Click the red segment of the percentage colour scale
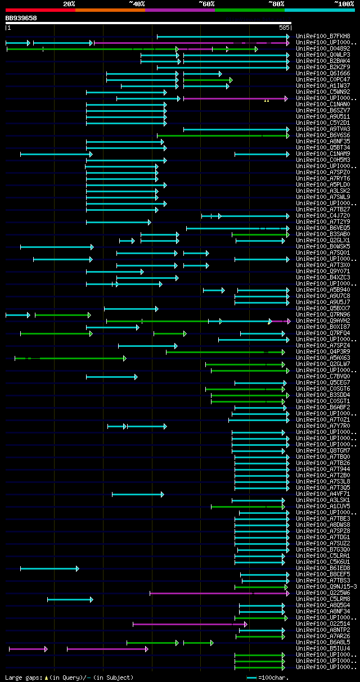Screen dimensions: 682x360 (x=40, y=10)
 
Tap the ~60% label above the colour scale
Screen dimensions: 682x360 (x=206, y=4)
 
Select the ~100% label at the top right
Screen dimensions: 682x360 (x=344, y=4)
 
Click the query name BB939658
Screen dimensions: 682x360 (x=21, y=18)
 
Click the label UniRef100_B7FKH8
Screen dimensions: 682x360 (x=322, y=37)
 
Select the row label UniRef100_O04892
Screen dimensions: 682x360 (x=322, y=49)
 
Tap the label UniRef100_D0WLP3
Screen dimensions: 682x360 (x=322, y=55)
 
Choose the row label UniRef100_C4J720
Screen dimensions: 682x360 (x=322, y=216)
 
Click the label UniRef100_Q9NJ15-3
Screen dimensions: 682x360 (x=326, y=587)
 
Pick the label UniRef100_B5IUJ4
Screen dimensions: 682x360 (x=322, y=649)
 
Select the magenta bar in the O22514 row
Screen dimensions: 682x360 (x=189, y=624)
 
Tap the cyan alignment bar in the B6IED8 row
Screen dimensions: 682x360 (x=49, y=568)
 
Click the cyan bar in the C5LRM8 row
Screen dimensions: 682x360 (x=70, y=599)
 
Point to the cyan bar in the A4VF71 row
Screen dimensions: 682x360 (x=137, y=494)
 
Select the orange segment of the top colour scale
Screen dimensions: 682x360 (x=110, y=10)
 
